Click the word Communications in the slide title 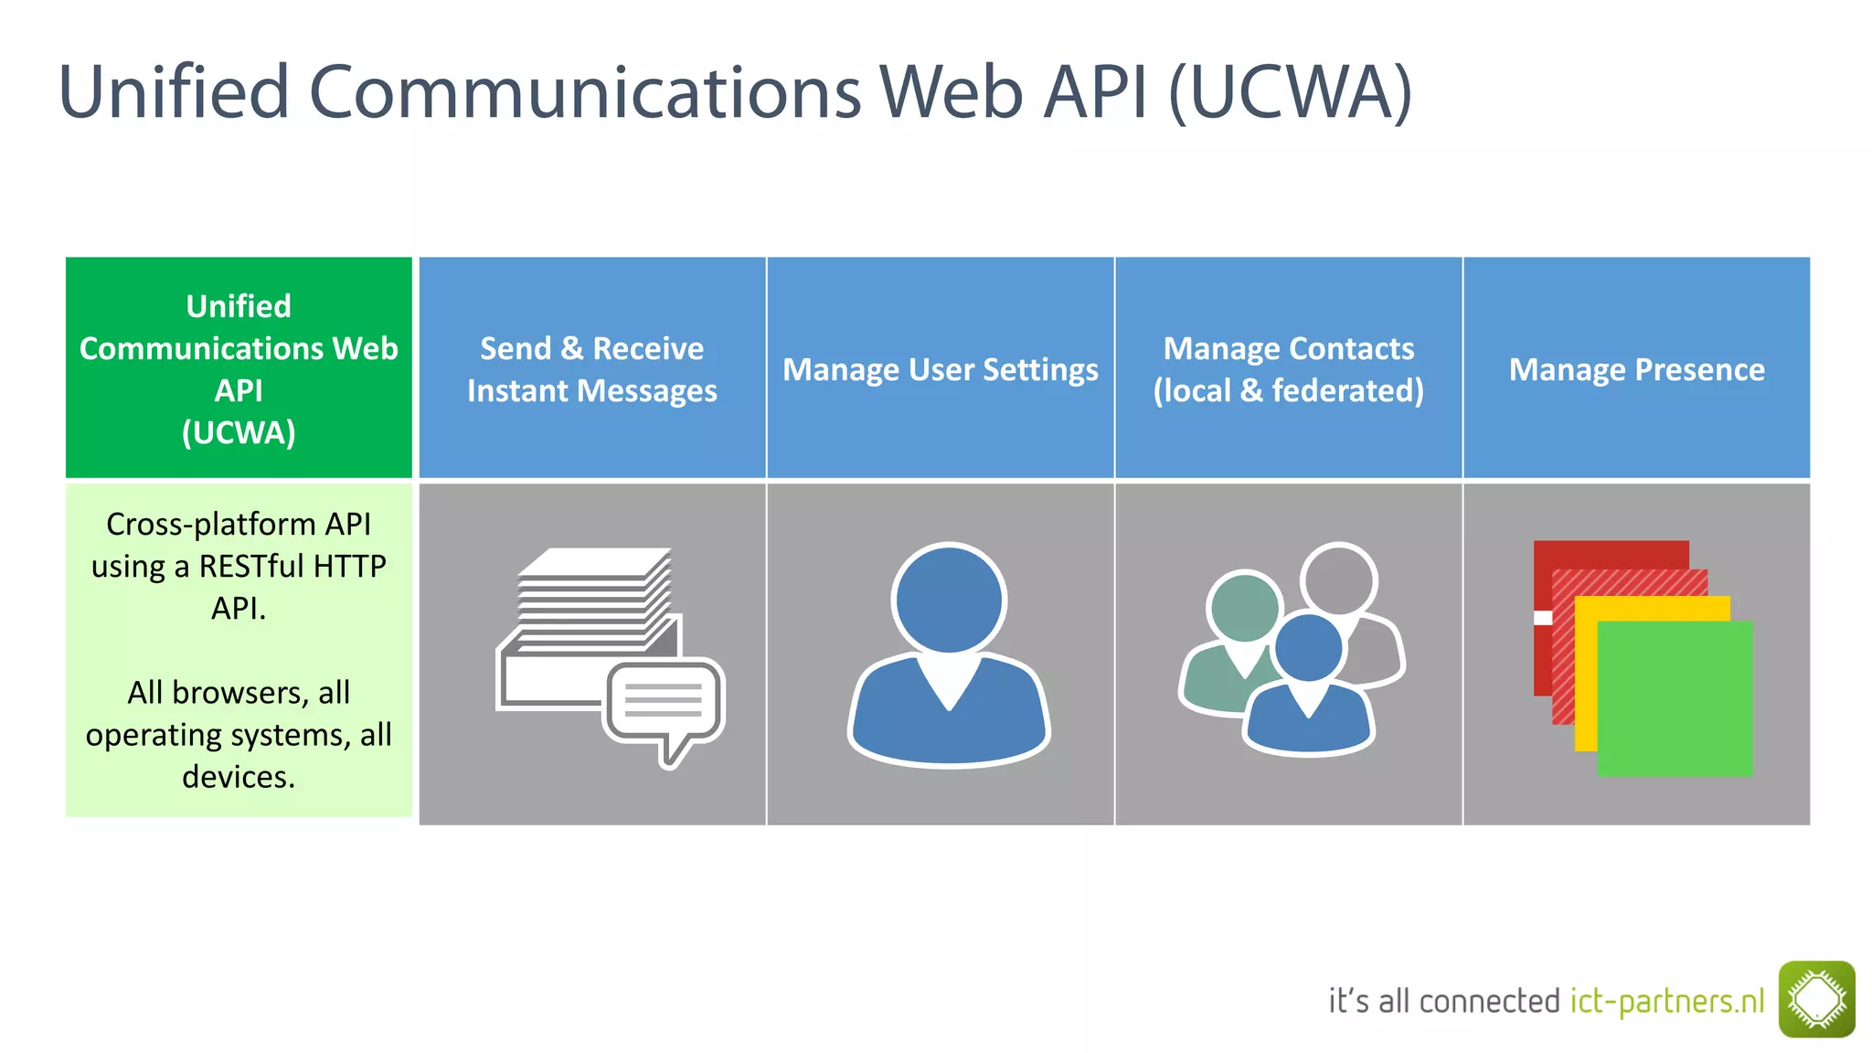[x=585, y=93]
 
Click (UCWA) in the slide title [x=1290, y=93]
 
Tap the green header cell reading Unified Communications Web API [x=239, y=368]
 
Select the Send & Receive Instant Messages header [x=592, y=369]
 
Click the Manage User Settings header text [x=941, y=369]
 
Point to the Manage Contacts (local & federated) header [x=1288, y=369]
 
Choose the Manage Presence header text [x=1636, y=369]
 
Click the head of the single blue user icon [x=949, y=599]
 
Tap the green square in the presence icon [x=1675, y=699]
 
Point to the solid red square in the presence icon [x=1609, y=554]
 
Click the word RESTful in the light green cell [x=251, y=567]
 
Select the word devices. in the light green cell [x=239, y=777]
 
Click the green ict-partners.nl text [x=1667, y=1001]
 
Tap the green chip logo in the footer [x=1816, y=999]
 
